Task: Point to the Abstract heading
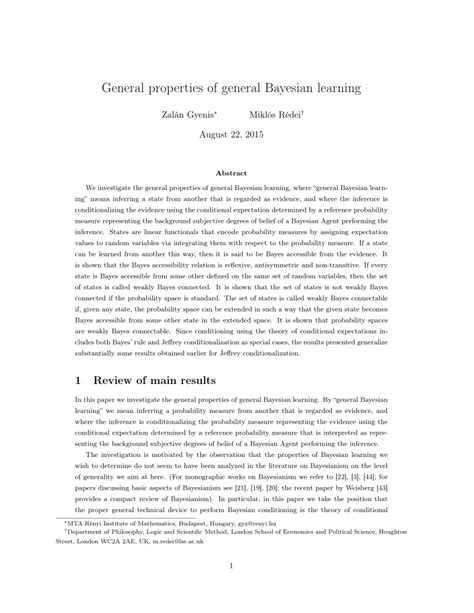(237, 172)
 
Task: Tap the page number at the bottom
(237, 594)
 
